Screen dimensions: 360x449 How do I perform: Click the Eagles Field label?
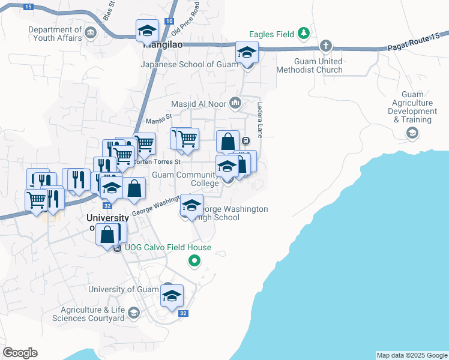(272, 34)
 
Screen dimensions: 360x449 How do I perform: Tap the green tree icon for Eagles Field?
(305, 33)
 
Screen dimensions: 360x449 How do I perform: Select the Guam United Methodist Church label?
(309, 65)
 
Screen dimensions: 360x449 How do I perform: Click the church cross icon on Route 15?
(325, 46)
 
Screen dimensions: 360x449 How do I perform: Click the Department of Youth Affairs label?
(55, 34)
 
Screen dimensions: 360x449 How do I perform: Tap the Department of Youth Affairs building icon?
(91, 32)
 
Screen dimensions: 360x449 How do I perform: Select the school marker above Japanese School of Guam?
(247, 52)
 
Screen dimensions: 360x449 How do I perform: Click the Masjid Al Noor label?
(198, 104)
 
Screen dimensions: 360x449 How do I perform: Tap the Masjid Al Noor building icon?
(236, 103)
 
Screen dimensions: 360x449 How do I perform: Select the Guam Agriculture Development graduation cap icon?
(412, 133)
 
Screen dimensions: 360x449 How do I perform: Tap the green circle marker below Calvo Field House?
(194, 261)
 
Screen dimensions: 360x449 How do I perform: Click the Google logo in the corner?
(20, 353)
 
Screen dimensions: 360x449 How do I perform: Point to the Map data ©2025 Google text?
(412, 355)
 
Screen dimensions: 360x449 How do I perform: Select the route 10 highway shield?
(172, 4)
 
